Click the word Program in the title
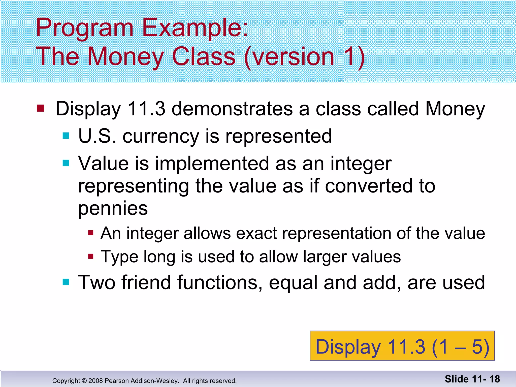[x=84, y=28]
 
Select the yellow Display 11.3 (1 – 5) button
[x=402, y=346]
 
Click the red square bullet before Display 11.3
[x=40, y=108]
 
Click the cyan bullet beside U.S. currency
[x=66, y=136]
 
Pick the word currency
[x=161, y=137]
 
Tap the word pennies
[x=113, y=209]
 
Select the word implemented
[x=212, y=164]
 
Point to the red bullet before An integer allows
[x=91, y=233]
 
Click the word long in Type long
[x=159, y=257]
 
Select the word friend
[x=146, y=282]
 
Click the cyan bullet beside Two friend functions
[x=66, y=282]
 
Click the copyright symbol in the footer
[x=84, y=381]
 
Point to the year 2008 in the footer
[x=95, y=381]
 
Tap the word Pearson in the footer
[x=115, y=381]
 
